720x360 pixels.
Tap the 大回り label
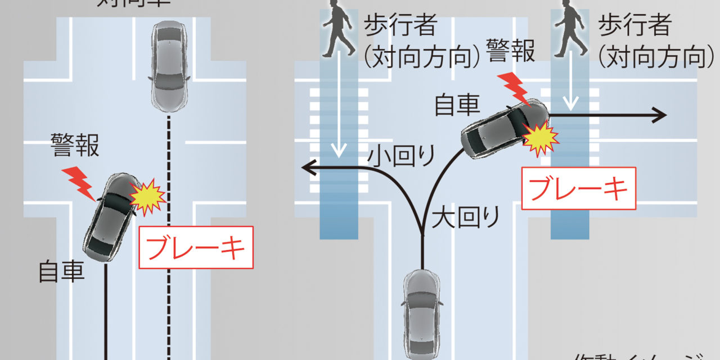point(466,217)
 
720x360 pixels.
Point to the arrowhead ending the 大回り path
point(660,115)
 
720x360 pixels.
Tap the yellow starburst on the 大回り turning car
point(541,138)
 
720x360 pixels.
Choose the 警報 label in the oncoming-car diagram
point(75,145)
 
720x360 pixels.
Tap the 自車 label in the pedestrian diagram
point(457,105)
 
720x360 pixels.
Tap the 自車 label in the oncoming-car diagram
point(62,272)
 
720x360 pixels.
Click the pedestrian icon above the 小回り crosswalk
point(338,30)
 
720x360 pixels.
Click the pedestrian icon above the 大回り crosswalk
point(570,30)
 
